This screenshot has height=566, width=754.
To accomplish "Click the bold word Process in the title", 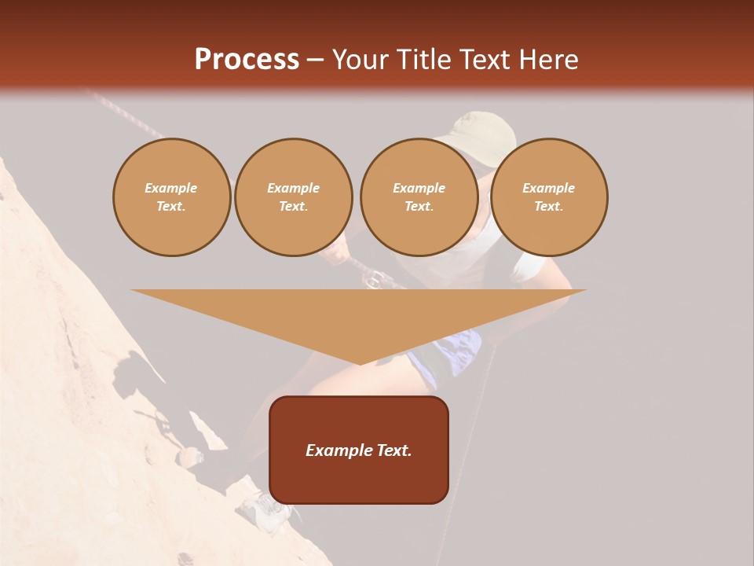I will (247, 60).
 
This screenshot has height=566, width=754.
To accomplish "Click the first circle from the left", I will (171, 197).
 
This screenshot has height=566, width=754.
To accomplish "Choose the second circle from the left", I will (293, 197).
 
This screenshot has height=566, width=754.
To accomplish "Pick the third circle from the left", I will (419, 197).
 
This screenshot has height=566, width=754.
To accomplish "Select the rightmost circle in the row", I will (548, 197).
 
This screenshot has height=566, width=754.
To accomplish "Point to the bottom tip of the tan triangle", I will (360, 363).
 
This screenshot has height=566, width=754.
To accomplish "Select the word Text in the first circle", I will (170, 207).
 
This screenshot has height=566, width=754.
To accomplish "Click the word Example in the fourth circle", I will (548, 188).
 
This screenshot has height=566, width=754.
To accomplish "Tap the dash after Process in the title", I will (316, 60).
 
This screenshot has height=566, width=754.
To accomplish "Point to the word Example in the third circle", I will (419, 188).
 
